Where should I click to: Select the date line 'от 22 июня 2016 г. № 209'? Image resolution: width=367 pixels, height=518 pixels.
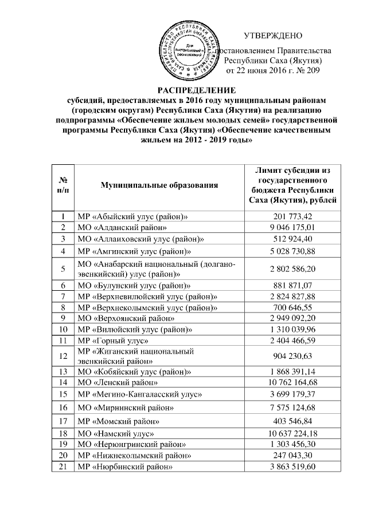[272, 70]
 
